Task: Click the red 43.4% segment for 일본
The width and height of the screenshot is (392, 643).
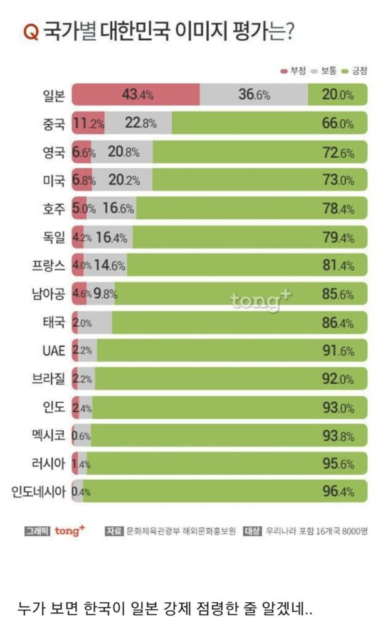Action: pyautogui.click(x=135, y=95)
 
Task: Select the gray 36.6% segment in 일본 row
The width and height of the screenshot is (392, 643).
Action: pyautogui.click(x=254, y=95)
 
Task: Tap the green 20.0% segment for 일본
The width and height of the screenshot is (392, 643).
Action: pyautogui.click(x=337, y=95)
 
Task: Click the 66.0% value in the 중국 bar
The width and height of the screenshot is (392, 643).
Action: pyautogui.click(x=337, y=123)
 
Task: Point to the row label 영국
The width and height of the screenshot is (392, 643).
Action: pyautogui.click(x=52, y=152)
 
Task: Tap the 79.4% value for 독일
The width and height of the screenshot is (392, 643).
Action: pyautogui.click(x=337, y=238)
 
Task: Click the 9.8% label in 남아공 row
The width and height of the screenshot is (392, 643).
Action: pyautogui.click(x=105, y=293)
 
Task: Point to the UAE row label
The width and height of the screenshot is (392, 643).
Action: pyautogui.click(x=53, y=350)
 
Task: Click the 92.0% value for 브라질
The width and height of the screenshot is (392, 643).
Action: pyautogui.click(x=337, y=379)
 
